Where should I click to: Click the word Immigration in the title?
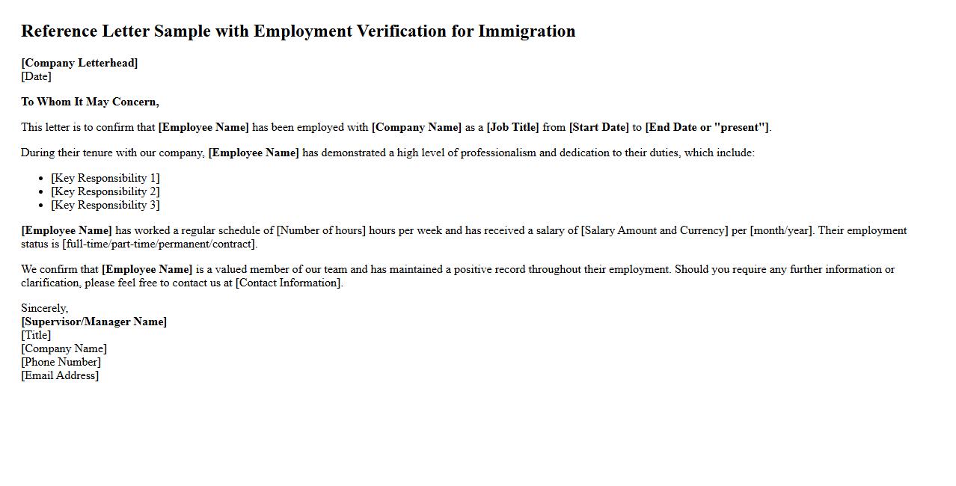(527, 31)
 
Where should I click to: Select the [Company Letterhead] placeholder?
(79, 63)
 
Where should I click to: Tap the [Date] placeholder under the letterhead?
(36, 76)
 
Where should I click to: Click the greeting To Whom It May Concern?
(90, 102)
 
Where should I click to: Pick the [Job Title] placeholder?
(512, 127)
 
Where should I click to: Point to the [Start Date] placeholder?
(598, 127)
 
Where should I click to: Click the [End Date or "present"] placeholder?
(707, 127)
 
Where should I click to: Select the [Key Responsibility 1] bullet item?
(105, 178)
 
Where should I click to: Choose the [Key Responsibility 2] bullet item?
(105, 191)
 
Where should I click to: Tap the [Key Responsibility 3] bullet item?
(105, 205)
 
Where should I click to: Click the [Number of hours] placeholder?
(321, 230)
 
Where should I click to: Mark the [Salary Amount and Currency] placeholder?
(654, 230)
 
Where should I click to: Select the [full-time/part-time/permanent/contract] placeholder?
(159, 244)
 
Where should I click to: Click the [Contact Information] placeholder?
(288, 283)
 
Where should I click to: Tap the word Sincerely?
(44, 308)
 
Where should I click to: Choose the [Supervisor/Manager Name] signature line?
(94, 322)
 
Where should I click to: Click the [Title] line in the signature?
(36, 335)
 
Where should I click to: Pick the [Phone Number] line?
(61, 362)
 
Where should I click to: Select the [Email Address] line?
(60, 375)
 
